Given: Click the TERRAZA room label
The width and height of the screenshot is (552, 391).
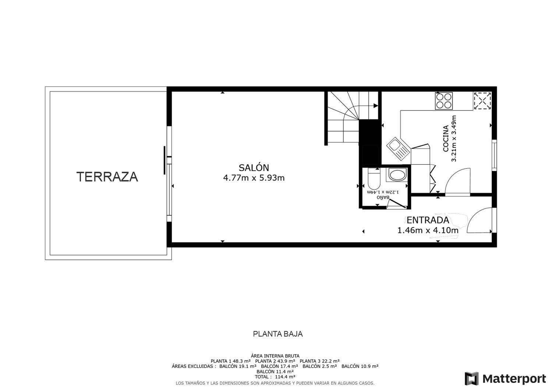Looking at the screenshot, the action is (107, 177).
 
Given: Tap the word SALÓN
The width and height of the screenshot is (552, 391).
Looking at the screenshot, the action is (254, 168).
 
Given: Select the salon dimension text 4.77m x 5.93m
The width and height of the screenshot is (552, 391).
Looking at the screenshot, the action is (254, 178).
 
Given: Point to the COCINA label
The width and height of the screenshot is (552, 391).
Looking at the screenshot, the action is (446, 139).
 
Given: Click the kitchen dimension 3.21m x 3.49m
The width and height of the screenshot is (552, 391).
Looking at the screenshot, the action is (454, 139).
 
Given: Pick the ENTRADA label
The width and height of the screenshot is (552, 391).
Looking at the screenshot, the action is (428, 220).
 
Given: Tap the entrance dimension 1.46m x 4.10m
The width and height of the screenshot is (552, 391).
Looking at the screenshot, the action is (428, 230).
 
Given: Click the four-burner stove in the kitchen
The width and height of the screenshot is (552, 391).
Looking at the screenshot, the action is (444, 101).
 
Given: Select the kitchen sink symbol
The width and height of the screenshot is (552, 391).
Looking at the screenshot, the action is (399, 149).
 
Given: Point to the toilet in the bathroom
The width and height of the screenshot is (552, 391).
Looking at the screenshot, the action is (374, 179).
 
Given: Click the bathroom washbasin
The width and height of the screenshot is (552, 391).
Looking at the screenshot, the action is (397, 175).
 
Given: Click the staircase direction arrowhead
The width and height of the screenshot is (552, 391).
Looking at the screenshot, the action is (376, 106).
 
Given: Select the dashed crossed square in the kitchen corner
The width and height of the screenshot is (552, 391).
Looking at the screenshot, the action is (482, 101).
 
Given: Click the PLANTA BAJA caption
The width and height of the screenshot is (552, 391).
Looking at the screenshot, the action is (278, 334).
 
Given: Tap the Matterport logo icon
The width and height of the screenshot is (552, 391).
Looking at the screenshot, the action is (472, 378).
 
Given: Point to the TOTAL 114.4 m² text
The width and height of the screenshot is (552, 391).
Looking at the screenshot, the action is (275, 377).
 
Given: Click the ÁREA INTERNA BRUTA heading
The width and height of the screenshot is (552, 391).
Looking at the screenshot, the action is (275, 356).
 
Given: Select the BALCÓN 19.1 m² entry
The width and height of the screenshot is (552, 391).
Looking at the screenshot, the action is (238, 366).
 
